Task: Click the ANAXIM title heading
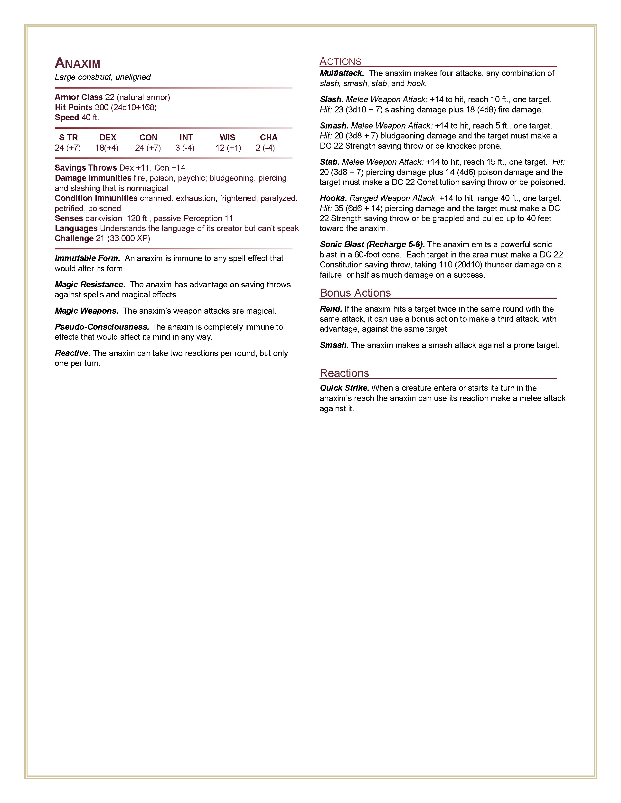point(78,63)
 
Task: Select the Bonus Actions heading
point(355,293)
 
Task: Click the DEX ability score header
point(108,137)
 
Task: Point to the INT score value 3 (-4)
point(185,148)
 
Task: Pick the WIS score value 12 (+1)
point(228,148)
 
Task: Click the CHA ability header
point(269,137)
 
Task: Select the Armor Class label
point(78,97)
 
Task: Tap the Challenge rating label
point(74,238)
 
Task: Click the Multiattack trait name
point(342,73)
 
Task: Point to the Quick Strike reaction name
point(344,388)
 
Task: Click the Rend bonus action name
point(331,309)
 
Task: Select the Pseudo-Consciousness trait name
point(102,327)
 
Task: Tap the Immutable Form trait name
point(87,258)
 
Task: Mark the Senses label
point(69,219)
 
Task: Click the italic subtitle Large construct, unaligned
point(103,77)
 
